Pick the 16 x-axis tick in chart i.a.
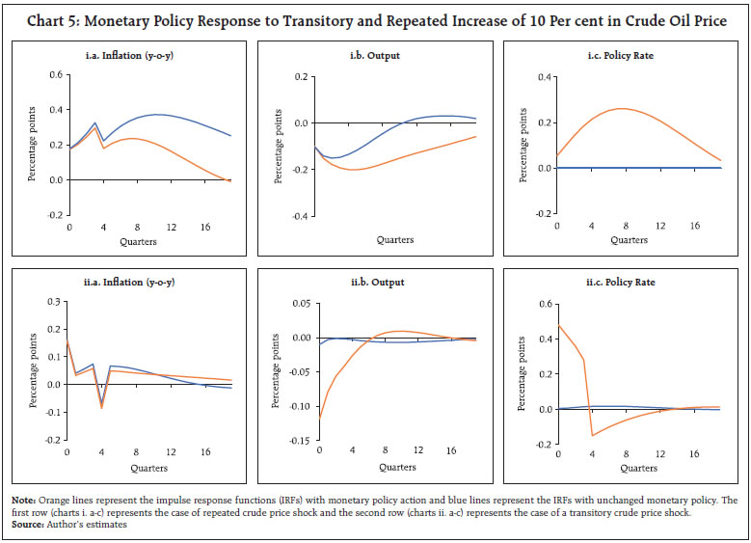[x=205, y=228]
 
